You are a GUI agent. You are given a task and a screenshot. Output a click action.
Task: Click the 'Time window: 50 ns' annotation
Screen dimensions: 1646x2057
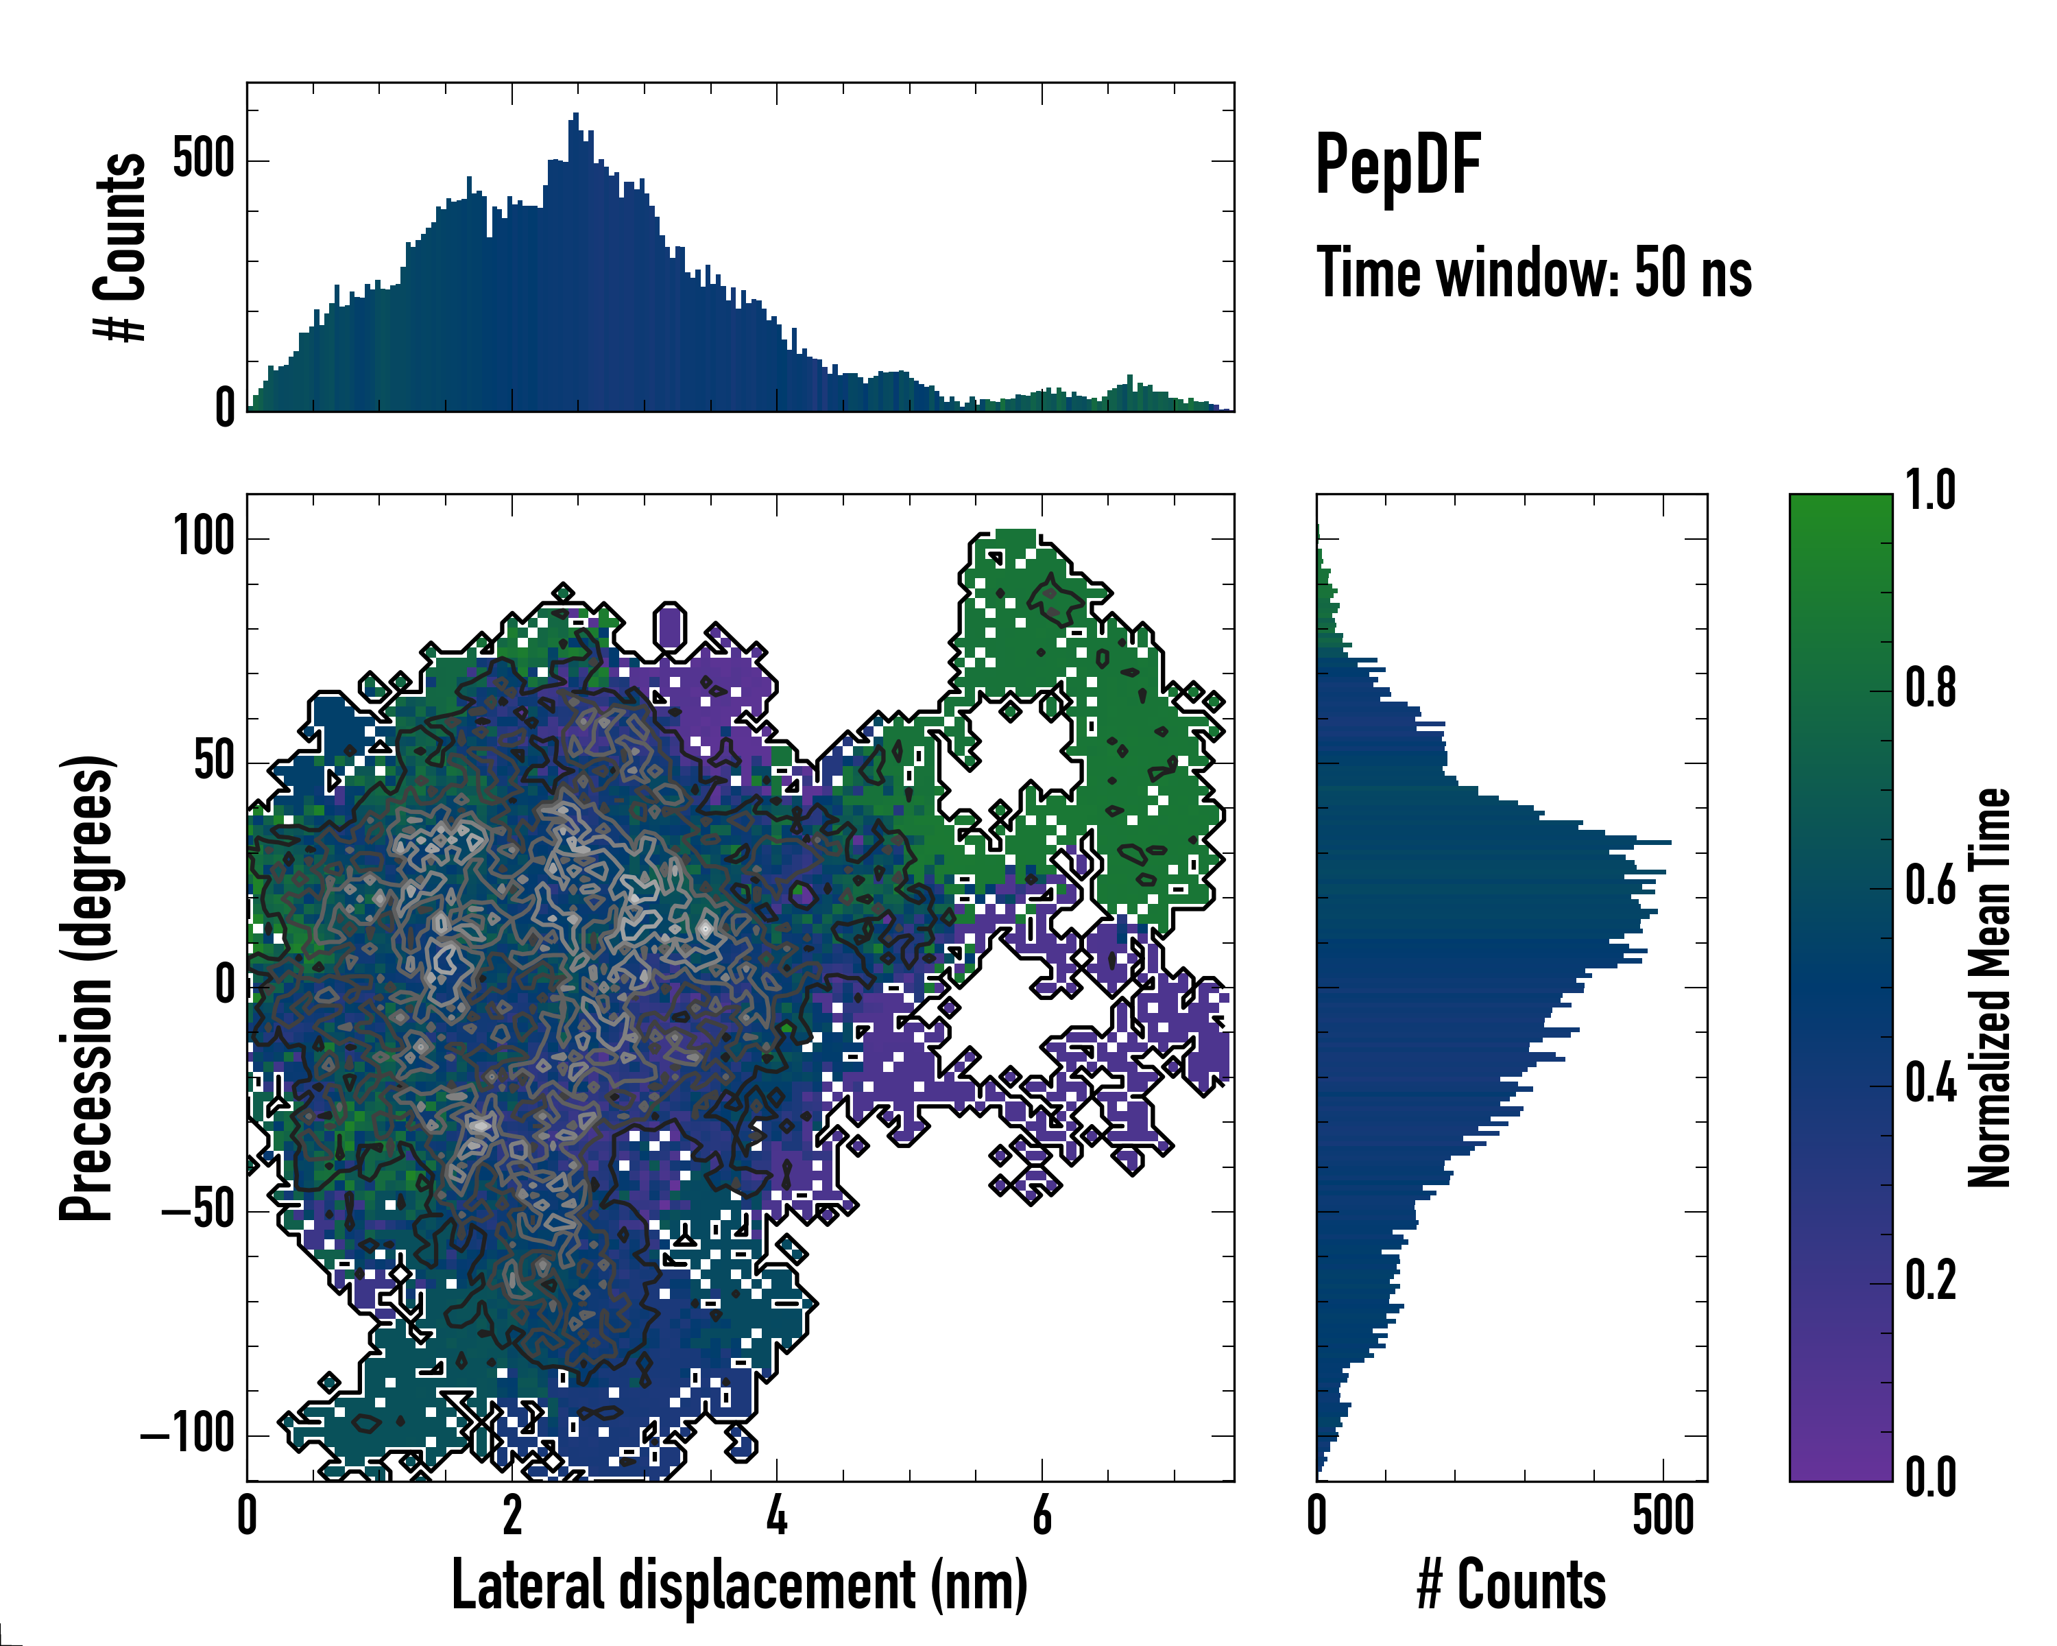pos(1533,274)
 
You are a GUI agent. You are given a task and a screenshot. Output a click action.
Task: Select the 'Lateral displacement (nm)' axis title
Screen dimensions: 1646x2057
pos(739,1585)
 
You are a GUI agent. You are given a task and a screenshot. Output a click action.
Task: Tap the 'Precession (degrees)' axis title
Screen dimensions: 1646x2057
pos(88,987)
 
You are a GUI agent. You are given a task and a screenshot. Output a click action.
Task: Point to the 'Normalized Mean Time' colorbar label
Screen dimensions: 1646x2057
pos(1988,987)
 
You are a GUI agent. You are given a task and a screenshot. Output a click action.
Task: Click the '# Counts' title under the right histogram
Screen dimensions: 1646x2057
pos(1511,1585)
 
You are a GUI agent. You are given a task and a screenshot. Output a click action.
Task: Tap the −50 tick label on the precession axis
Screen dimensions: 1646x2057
pos(197,1210)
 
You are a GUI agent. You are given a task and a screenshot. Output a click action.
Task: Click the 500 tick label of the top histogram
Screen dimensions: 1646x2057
pos(203,158)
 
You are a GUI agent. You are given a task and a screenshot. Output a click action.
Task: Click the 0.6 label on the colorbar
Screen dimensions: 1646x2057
pos(1930,885)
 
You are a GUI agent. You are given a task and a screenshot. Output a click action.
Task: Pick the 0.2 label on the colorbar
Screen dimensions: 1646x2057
pos(1930,1280)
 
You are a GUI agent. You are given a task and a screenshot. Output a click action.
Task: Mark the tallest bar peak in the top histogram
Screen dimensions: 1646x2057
pos(575,115)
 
